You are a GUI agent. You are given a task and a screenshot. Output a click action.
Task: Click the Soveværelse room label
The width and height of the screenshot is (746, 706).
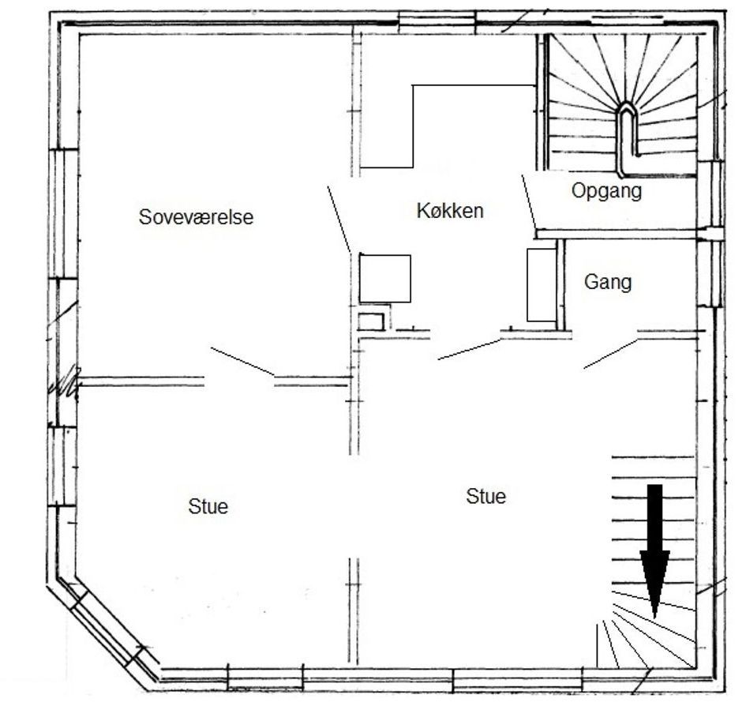tap(196, 217)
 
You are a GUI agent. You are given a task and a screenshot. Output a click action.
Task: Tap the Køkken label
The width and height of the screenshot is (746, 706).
tap(450, 210)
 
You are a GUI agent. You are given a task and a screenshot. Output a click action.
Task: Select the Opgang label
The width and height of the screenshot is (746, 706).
tap(606, 191)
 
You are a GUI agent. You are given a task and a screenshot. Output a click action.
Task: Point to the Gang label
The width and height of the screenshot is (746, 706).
tap(608, 282)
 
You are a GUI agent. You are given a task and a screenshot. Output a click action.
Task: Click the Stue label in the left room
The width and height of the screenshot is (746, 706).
tap(208, 506)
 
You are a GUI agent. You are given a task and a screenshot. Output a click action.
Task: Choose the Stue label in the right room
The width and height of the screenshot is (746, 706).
tap(485, 496)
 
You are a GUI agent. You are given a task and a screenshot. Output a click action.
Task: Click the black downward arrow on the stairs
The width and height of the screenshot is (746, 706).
tap(654, 550)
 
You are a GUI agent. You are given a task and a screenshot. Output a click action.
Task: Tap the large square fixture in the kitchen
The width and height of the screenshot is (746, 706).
tap(385, 279)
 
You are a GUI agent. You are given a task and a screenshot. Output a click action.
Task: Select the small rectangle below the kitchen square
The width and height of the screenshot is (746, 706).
tap(371, 322)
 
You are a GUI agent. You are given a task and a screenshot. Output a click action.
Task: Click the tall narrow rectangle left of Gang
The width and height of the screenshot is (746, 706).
tap(542, 284)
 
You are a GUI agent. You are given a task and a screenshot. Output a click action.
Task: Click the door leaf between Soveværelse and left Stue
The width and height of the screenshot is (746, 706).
tap(242, 362)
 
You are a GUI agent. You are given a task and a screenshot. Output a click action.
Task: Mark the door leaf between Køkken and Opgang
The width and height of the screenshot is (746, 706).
tap(529, 202)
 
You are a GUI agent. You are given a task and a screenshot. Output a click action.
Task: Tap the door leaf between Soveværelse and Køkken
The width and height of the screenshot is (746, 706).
tap(339, 219)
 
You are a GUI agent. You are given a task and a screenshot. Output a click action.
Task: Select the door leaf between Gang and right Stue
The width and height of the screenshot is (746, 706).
tap(611, 354)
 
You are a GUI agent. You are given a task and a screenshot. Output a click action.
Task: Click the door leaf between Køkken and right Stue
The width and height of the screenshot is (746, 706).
tap(469, 349)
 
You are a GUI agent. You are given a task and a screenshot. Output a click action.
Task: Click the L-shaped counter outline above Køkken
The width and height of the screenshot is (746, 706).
tap(413, 126)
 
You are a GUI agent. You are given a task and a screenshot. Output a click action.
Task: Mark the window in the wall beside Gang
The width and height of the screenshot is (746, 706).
tap(710, 272)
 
